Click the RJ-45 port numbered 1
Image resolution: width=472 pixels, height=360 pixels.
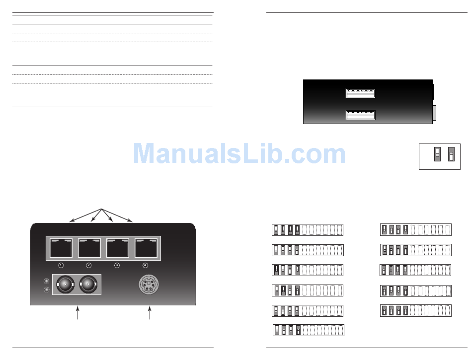click(61, 248)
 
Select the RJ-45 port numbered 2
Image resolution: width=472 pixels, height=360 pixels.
click(89, 248)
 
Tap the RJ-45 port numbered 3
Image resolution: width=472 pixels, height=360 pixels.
click(117, 248)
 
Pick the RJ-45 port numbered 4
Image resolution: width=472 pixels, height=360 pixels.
click(146, 248)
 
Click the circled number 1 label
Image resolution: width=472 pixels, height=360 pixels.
click(61, 265)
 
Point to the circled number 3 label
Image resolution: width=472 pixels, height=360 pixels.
click(117, 265)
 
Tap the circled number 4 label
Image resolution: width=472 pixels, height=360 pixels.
click(146, 265)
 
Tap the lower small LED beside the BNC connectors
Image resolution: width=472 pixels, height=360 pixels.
click(46, 289)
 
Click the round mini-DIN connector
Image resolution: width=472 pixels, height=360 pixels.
click(148, 285)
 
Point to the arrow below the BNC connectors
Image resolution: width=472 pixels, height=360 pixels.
click(78, 314)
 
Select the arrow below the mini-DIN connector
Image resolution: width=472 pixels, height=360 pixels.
click(150, 314)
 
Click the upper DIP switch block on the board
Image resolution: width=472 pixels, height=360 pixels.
click(360, 93)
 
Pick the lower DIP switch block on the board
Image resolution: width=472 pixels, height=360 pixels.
click(360, 115)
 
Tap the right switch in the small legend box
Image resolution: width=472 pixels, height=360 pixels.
click(451, 154)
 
